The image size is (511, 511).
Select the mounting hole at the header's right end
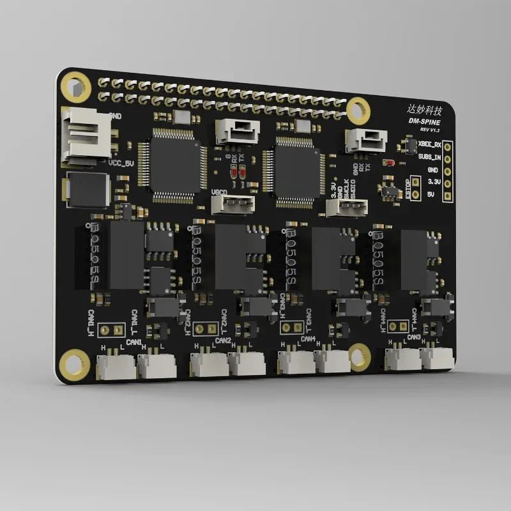point(358,109)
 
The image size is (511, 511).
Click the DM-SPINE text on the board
point(429,121)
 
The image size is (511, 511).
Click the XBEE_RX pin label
point(429,146)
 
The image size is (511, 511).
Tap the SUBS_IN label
point(429,157)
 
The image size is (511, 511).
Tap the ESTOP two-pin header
point(415,188)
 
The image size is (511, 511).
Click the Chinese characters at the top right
point(427,109)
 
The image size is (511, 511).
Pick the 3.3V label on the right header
point(434,182)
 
